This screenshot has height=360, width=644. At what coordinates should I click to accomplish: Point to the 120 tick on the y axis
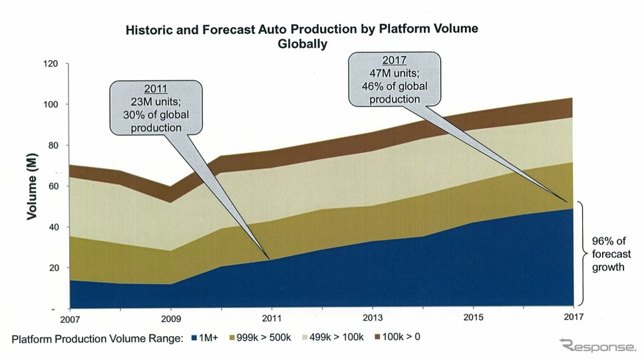[51, 64]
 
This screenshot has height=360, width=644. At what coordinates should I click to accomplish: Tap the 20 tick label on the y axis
[53, 268]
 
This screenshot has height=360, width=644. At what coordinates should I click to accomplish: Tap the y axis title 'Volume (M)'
[31, 187]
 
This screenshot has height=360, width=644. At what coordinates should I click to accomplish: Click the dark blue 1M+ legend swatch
[194, 337]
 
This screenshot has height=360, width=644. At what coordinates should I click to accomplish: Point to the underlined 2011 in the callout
[156, 89]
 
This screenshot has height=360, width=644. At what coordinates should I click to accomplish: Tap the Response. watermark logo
[597, 345]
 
